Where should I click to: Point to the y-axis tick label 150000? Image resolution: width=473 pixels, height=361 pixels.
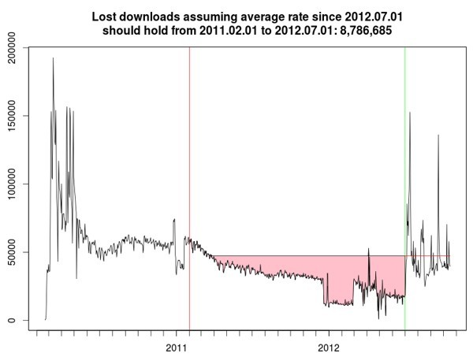[x=15, y=116]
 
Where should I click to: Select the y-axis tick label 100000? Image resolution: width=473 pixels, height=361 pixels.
[x=15, y=184]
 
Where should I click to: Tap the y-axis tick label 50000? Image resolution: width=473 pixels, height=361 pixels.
[x=15, y=252]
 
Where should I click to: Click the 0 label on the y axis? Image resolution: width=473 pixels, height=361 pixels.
[x=15, y=320]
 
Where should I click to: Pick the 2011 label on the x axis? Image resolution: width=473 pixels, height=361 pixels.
[x=176, y=348]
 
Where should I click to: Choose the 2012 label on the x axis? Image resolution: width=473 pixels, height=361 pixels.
[x=329, y=348]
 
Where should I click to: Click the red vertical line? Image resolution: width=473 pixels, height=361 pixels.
[x=189, y=158]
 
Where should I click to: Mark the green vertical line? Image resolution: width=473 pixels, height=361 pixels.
[x=404, y=158]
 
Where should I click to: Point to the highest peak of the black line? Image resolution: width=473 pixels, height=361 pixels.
[x=53, y=58]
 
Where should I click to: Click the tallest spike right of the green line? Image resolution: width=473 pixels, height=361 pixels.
[x=410, y=113]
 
